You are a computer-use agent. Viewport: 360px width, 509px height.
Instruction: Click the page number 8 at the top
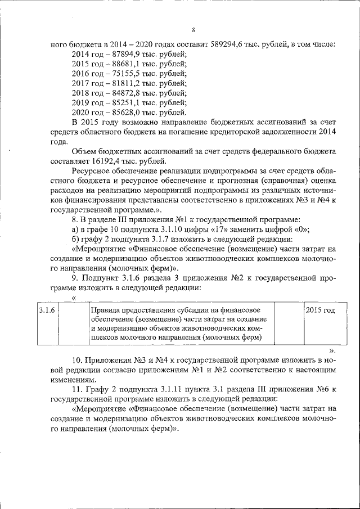(193, 30)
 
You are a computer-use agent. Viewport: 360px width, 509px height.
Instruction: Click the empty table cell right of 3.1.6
(73, 323)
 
